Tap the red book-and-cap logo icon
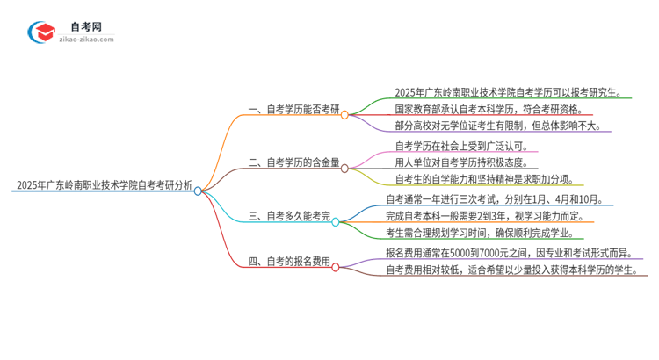pyautogui.click(x=41, y=32)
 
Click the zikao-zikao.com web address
pyautogui.click(x=86, y=40)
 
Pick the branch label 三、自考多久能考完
pyautogui.click(x=286, y=214)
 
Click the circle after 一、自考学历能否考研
pyautogui.click(x=344, y=114)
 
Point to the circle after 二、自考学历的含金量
pyautogui.click(x=344, y=166)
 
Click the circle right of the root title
pyautogui.click(x=198, y=190)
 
